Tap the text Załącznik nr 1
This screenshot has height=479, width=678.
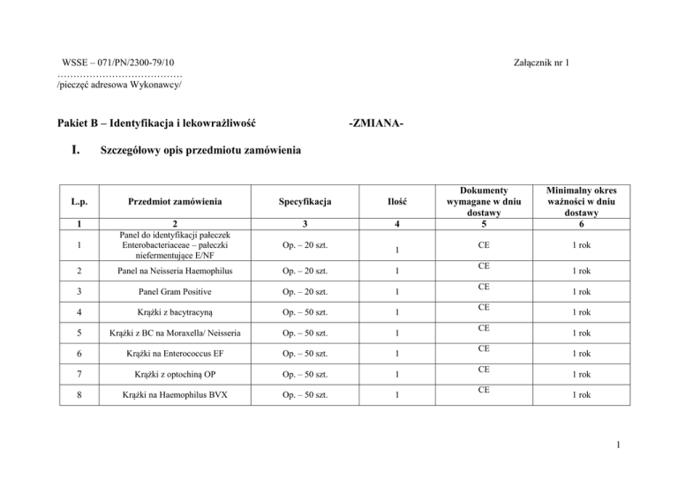546,64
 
